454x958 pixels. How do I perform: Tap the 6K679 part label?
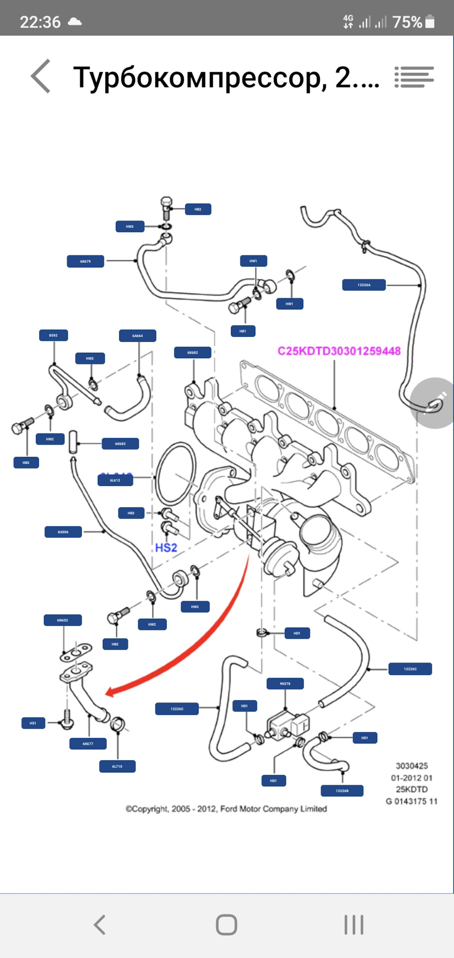(x=85, y=261)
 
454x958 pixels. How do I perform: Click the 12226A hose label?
(x=364, y=285)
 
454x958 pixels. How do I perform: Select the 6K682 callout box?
(x=193, y=353)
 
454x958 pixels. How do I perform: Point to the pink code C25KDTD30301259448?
(x=339, y=351)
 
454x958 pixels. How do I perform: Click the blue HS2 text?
(x=166, y=548)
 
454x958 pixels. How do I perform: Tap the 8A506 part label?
(x=63, y=532)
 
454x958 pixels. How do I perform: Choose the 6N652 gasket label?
(x=62, y=620)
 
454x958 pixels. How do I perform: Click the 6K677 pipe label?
(x=88, y=743)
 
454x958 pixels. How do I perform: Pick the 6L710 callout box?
(x=117, y=766)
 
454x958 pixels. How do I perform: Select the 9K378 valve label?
(x=285, y=684)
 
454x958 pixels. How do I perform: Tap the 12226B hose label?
(x=342, y=791)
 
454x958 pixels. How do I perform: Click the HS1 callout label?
(x=33, y=723)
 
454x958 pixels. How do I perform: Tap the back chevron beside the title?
(x=41, y=76)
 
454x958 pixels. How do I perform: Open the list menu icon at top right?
(x=414, y=77)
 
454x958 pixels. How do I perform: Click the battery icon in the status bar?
(x=430, y=22)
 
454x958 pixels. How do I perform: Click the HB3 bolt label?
(x=131, y=513)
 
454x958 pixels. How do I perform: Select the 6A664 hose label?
(x=138, y=336)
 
